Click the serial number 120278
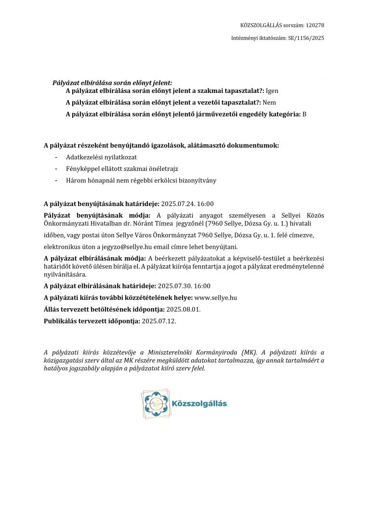(x=315, y=25)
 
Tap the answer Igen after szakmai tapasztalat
(x=272, y=91)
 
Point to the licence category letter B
(x=304, y=115)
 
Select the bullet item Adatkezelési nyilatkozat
(x=101, y=157)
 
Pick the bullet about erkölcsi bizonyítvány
(x=141, y=181)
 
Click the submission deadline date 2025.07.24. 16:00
(x=187, y=204)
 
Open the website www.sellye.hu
(x=215, y=298)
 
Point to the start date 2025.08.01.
(x=184, y=309)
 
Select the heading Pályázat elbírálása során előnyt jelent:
(x=112, y=83)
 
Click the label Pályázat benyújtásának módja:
(x=97, y=215)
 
